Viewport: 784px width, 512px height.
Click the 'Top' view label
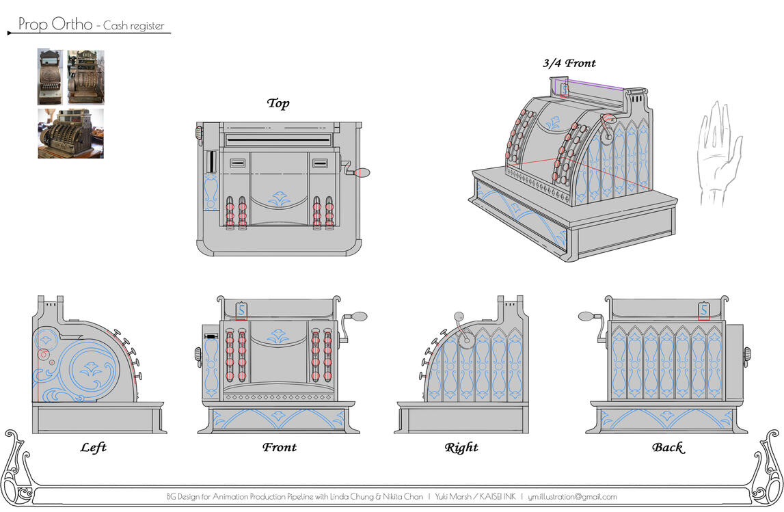click(278, 103)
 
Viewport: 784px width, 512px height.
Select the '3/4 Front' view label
click(569, 64)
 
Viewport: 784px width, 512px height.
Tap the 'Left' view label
click(93, 448)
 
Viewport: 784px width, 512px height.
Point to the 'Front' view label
click(280, 448)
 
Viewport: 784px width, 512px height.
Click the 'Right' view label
click(461, 448)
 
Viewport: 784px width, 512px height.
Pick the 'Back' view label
click(667, 448)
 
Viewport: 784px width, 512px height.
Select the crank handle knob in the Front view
click(360, 316)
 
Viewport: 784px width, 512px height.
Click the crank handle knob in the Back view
click(586, 316)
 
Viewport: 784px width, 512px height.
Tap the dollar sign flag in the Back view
click(704, 311)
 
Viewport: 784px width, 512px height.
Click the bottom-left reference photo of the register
click(70, 133)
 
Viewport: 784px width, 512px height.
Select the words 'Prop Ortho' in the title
click(55, 25)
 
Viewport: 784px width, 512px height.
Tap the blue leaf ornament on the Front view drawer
click(278, 416)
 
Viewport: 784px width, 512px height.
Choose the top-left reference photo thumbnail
click(50, 77)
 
